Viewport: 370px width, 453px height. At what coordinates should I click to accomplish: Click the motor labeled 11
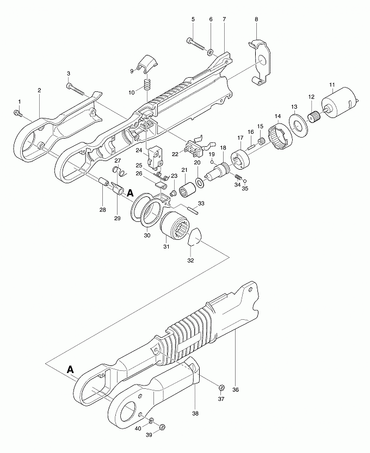click(340, 104)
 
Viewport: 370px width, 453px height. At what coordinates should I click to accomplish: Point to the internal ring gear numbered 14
click(281, 135)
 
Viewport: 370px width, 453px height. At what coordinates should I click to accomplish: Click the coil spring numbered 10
click(147, 84)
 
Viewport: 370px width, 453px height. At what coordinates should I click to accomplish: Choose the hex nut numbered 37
click(221, 387)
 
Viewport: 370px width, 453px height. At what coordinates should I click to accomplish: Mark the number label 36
click(236, 390)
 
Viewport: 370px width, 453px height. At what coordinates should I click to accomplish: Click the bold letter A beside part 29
click(131, 192)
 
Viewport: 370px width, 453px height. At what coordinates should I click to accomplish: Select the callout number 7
click(224, 19)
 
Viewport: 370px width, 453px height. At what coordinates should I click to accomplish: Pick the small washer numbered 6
click(211, 52)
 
